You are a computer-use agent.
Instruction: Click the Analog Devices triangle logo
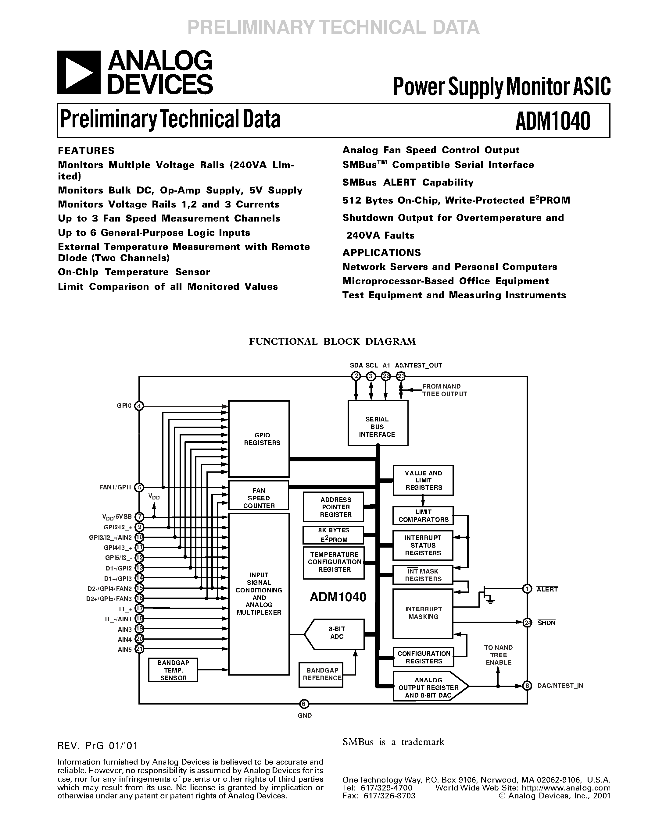[x=79, y=73]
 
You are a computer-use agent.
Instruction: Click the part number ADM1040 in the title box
[x=553, y=121]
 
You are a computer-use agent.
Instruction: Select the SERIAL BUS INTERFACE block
[x=377, y=423]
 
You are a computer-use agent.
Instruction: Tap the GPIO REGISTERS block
[x=258, y=439]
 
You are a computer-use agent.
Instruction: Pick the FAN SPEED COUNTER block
[x=258, y=495]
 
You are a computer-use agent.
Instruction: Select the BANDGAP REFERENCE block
[x=322, y=674]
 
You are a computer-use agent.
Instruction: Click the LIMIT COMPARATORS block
[x=423, y=516]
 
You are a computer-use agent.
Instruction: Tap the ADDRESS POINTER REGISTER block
[x=334, y=507]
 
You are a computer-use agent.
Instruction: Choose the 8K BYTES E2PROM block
[x=334, y=535]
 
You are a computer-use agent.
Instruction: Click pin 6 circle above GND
[x=304, y=703]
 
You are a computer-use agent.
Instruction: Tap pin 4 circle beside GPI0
[x=139, y=406]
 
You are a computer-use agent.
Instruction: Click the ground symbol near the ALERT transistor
[x=490, y=600]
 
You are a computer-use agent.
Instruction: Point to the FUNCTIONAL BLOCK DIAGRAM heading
[x=332, y=342]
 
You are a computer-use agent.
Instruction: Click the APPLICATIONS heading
[x=381, y=253]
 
